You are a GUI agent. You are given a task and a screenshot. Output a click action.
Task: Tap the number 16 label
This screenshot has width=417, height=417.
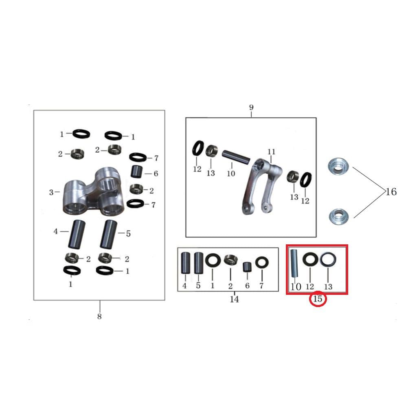pyautogui.click(x=391, y=191)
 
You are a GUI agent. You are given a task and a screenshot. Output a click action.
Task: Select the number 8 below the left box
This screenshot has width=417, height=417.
pyautogui.click(x=99, y=316)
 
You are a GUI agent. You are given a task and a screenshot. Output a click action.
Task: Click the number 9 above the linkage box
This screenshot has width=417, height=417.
pyautogui.click(x=251, y=108)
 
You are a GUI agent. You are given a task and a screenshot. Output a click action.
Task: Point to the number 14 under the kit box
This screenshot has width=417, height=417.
pyautogui.click(x=234, y=300)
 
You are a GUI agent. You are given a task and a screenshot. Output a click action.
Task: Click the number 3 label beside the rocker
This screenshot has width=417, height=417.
pyautogui.click(x=51, y=192)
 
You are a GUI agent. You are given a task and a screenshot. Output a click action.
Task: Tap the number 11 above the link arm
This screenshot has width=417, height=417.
pyautogui.click(x=272, y=152)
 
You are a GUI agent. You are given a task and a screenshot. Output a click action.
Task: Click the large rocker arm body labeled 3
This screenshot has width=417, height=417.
pyautogui.click(x=92, y=193)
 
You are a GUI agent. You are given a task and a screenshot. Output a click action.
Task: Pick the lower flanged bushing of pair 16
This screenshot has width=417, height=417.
pyautogui.click(x=338, y=215)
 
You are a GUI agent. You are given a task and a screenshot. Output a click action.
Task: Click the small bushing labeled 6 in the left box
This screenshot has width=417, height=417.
pyautogui.click(x=136, y=171)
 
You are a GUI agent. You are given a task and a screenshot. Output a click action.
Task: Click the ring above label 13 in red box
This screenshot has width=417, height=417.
pyautogui.click(x=327, y=259)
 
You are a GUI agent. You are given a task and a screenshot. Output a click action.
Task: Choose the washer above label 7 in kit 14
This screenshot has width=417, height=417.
pyautogui.click(x=261, y=263)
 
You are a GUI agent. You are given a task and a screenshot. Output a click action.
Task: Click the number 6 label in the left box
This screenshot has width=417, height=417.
pyautogui.click(x=156, y=173)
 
